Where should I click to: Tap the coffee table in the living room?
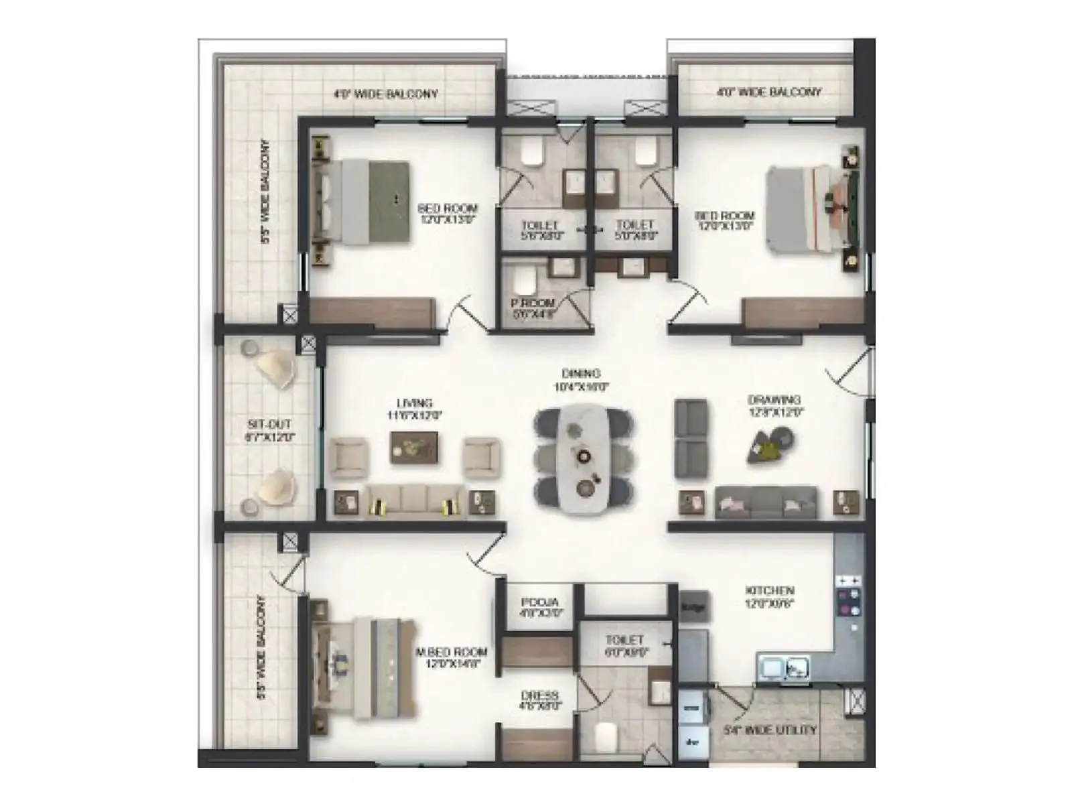click(414, 447)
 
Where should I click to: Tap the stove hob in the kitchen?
click(848, 596)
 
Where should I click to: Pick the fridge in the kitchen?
click(694, 607)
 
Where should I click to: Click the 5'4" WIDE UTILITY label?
click(770, 730)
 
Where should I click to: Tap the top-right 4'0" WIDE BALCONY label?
click(769, 92)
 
